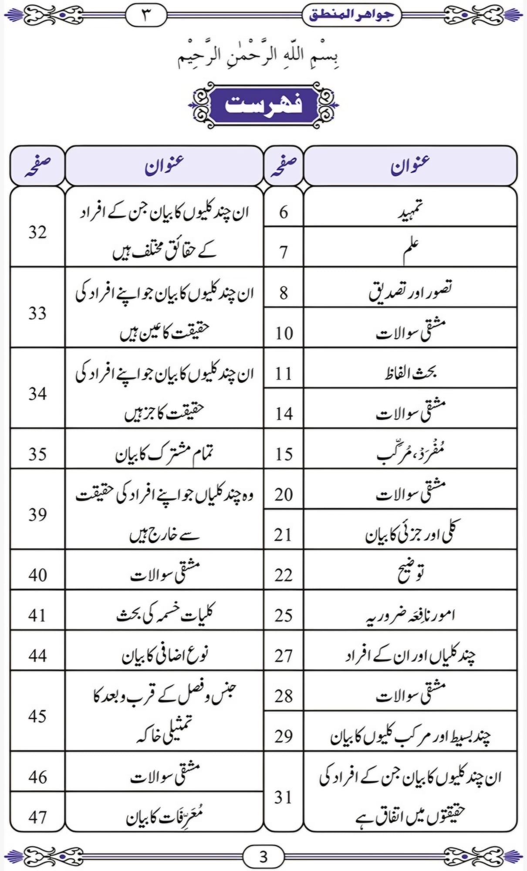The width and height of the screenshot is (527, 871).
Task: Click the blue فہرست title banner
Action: pyautogui.click(x=263, y=105)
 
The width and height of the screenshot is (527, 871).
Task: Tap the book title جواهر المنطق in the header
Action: pyautogui.click(x=351, y=14)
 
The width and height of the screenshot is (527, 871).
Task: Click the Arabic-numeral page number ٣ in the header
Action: pyautogui.click(x=146, y=15)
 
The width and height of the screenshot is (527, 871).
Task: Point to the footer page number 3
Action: pyautogui.click(x=263, y=857)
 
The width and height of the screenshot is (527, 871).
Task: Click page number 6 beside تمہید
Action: pyautogui.click(x=284, y=212)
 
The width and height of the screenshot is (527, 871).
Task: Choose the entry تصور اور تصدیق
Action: pyautogui.click(x=410, y=290)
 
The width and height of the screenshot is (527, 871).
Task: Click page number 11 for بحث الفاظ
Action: pyautogui.click(x=284, y=374)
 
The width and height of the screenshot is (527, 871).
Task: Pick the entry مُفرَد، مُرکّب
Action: pyautogui.click(x=410, y=453)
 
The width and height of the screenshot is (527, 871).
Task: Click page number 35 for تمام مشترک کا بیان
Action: pyautogui.click(x=37, y=454)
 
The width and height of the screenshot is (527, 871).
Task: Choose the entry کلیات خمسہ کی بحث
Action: pyautogui.click(x=165, y=614)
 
